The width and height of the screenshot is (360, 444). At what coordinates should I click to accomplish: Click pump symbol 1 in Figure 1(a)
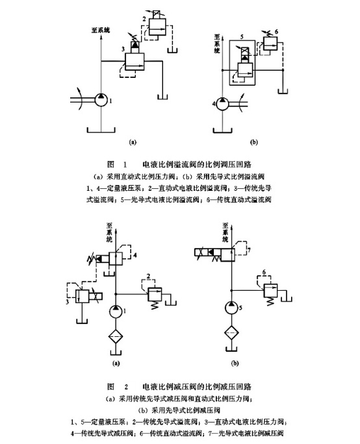click(103, 99)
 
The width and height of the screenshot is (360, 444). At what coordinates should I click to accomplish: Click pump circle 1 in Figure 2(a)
click(116, 311)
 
